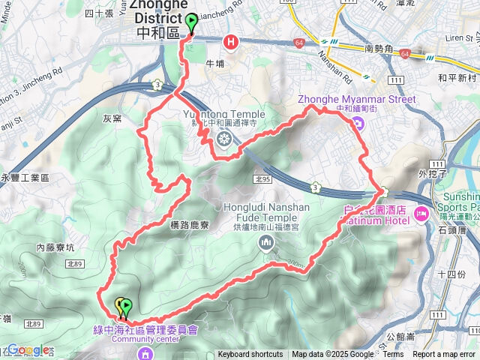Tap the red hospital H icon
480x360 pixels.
coord(231,43)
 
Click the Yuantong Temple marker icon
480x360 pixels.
coord(223,137)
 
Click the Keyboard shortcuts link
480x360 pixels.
coord(250,355)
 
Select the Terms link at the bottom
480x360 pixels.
coord(393,355)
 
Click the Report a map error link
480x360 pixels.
coord(444,355)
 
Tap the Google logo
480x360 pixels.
coord(28,349)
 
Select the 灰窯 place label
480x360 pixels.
coord(112,117)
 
